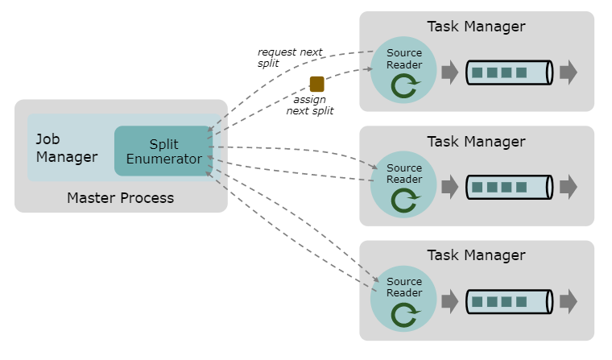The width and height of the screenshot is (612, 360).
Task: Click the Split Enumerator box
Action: coord(163,151)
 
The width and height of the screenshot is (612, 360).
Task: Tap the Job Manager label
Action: coord(66,148)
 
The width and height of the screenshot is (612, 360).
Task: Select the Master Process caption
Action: coord(120,197)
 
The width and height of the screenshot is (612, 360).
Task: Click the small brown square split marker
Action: coord(316,84)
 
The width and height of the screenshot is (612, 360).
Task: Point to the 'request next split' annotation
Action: coord(288,57)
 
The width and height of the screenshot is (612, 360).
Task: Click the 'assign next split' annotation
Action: coord(309,106)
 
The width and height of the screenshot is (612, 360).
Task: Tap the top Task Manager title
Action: coord(476,27)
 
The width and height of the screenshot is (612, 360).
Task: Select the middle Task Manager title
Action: coord(476,142)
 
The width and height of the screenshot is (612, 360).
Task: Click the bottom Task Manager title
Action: coord(476,255)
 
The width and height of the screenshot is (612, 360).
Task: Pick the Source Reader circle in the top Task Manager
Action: coord(403,70)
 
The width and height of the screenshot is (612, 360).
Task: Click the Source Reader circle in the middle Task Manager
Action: coord(403,184)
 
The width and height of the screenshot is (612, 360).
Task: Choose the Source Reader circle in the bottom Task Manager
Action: coord(403,299)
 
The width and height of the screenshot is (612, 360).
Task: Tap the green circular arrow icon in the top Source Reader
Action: coord(404,85)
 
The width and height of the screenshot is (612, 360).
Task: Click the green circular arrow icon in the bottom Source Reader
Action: coord(404,314)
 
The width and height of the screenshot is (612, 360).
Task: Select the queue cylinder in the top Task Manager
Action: coord(509,72)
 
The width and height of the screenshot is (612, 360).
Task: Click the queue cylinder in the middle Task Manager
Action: coord(509,187)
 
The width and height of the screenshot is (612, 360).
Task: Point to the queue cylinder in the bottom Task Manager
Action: coord(509,302)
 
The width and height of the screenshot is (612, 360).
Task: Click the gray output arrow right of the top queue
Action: coord(569,72)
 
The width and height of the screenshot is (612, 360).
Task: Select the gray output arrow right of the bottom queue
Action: coord(569,302)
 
